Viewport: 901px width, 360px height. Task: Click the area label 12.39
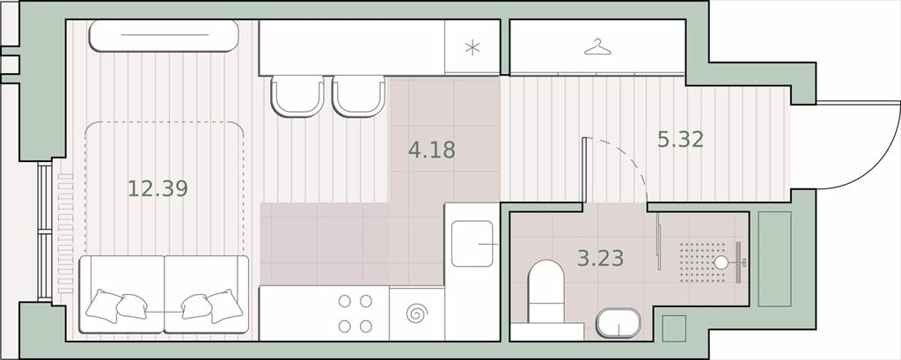[x=157, y=188]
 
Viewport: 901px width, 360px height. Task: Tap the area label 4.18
[x=431, y=151]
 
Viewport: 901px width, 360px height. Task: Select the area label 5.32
[x=680, y=139]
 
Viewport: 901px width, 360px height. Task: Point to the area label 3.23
[x=600, y=258]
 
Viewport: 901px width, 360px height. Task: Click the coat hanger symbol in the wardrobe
[x=597, y=48]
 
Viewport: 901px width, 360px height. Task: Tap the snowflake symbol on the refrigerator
[x=472, y=48]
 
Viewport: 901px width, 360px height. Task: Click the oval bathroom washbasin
[x=619, y=324]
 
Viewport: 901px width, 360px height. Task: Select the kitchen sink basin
[x=472, y=244]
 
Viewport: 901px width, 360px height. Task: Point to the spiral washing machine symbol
[x=416, y=314]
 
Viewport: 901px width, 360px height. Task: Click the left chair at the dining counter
[x=297, y=96]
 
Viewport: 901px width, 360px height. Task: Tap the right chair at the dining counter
[x=359, y=96]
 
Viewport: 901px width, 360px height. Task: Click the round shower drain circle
[x=721, y=263]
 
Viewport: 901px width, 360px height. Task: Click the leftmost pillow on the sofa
[x=103, y=306]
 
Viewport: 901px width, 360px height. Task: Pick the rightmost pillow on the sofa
[x=224, y=306]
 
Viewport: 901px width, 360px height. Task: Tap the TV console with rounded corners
[x=164, y=36]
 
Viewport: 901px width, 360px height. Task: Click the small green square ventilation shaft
[x=674, y=327]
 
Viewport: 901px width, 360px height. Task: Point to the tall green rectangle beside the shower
[x=774, y=259]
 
